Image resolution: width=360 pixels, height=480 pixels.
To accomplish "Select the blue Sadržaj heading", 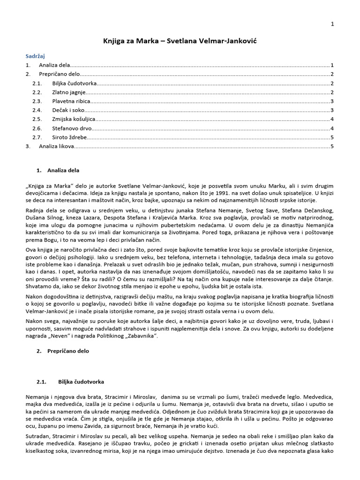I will coord(35,56).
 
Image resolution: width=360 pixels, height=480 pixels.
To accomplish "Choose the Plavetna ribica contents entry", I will coord(71,101).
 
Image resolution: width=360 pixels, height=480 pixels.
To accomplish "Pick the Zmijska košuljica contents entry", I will coord(74,119).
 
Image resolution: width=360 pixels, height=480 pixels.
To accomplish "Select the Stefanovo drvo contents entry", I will coord(72,128).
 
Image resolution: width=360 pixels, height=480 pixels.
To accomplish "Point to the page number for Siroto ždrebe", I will coord(332,137).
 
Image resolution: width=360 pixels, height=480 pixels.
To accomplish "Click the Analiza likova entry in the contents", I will coord(57,146).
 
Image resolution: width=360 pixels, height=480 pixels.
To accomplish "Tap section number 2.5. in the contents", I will coord(37,119).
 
